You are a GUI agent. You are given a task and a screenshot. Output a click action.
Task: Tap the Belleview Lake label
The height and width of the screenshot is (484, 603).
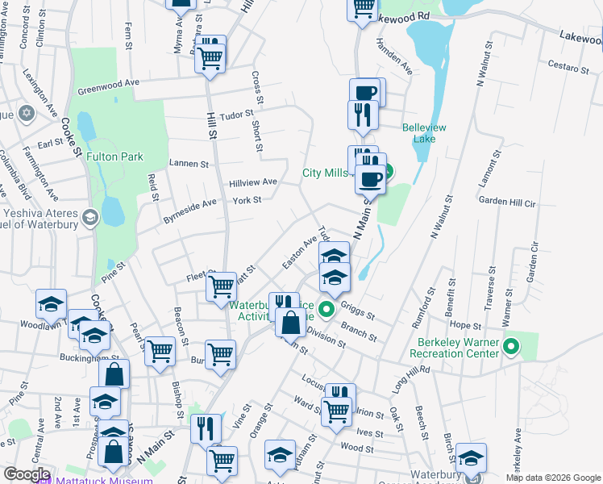click(x=428, y=133)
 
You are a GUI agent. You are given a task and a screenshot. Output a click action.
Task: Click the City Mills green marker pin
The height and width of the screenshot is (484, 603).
click(x=387, y=172)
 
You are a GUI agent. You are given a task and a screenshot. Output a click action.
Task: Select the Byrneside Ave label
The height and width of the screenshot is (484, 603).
click(x=190, y=207)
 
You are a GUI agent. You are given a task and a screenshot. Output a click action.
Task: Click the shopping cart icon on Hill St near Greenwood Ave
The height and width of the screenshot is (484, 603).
click(x=210, y=58)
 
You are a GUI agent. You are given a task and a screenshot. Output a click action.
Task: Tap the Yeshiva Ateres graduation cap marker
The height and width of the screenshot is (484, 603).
click(x=89, y=217)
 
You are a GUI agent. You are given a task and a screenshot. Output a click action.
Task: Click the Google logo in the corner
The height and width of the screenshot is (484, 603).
click(x=27, y=474)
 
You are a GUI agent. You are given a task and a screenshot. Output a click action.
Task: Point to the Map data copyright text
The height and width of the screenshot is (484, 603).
click(x=552, y=478)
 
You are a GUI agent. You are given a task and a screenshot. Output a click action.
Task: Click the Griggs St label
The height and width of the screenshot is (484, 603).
click(x=358, y=311)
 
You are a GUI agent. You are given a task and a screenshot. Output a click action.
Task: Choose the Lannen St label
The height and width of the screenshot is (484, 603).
click(x=189, y=164)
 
